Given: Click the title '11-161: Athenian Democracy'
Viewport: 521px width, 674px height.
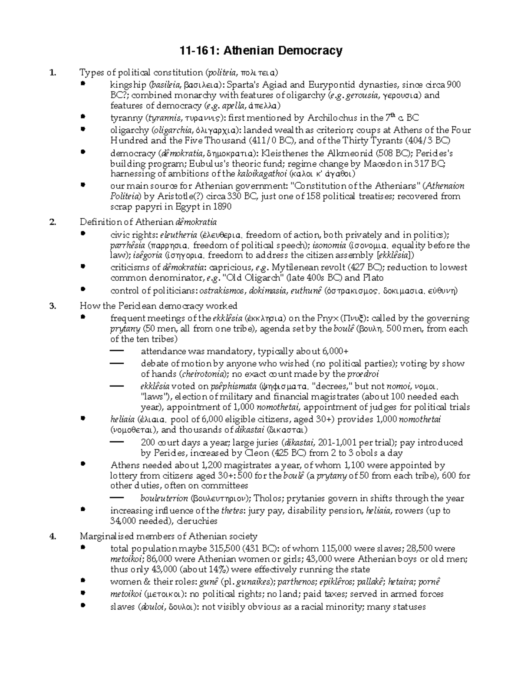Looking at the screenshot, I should coord(261,51).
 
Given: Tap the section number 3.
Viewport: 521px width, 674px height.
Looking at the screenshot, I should coord(53,306).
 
